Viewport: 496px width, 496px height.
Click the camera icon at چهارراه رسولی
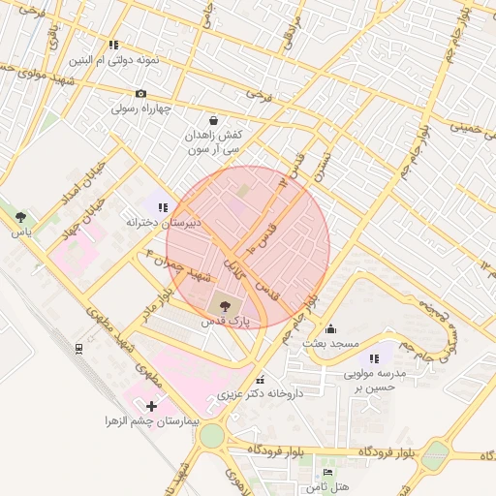[141, 94]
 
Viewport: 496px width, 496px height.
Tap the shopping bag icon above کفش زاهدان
[213, 120]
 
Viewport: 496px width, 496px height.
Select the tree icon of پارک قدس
[226, 304]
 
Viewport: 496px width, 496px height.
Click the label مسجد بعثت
[330, 344]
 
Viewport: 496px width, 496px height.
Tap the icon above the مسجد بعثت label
[330, 328]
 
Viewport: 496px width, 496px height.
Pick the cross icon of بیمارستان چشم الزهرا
[150, 406]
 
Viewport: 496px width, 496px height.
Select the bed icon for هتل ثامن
[327, 472]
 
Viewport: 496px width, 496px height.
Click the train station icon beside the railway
[77, 347]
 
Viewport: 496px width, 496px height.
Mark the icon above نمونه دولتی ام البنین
[113, 45]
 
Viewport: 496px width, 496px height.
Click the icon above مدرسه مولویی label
[374, 358]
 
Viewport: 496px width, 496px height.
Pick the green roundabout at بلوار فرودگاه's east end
[437, 454]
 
